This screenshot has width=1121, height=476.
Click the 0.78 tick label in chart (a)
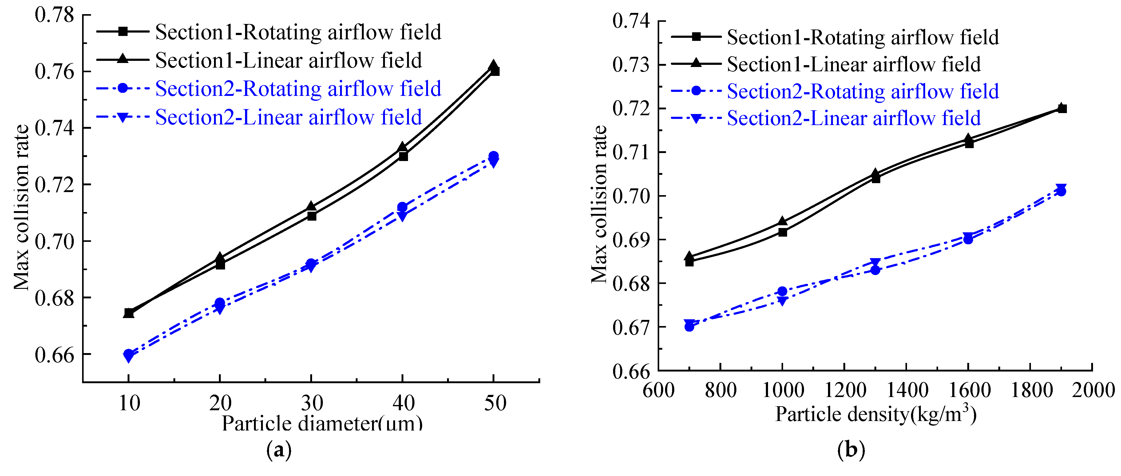tap(54, 15)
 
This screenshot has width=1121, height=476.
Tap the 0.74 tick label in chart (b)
tap(631, 21)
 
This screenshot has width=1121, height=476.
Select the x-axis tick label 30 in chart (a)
tap(311, 403)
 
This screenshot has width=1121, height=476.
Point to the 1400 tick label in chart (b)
tap(907, 389)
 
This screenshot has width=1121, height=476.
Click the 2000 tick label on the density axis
tap(1092, 389)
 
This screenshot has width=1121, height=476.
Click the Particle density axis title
tap(876, 414)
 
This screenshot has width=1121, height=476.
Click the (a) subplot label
tap(279, 450)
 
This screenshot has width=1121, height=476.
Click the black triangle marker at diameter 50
tap(493, 65)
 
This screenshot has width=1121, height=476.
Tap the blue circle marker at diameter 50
tap(493, 156)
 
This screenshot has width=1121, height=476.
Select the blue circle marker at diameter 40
tap(402, 207)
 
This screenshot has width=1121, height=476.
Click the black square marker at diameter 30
tap(311, 216)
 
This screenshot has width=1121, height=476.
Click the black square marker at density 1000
tap(782, 232)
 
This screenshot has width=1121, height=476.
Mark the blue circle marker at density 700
tap(689, 326)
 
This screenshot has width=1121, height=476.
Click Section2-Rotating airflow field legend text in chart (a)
tap(298, 89)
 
